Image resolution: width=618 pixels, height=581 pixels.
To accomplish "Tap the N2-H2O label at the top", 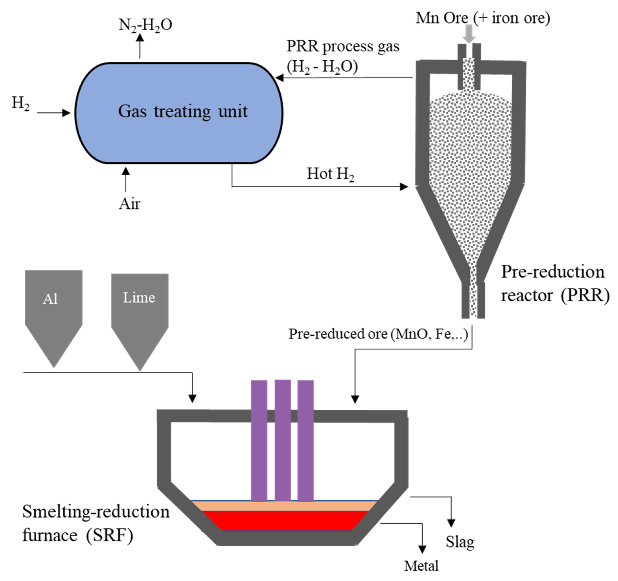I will (x=145, y=25).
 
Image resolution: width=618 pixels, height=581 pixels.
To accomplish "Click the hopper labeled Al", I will (x=53, y=311).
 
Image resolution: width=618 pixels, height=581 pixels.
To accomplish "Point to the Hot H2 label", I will (x=330, y=174).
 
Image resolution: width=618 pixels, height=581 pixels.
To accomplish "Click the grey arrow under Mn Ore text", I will (x=469, y=34).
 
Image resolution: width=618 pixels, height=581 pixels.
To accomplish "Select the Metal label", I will (x=421, y=566).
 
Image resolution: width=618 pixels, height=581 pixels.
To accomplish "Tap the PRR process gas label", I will (x=343, y=47).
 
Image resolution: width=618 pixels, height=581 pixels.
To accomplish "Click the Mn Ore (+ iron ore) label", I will (x=483, y=18).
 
